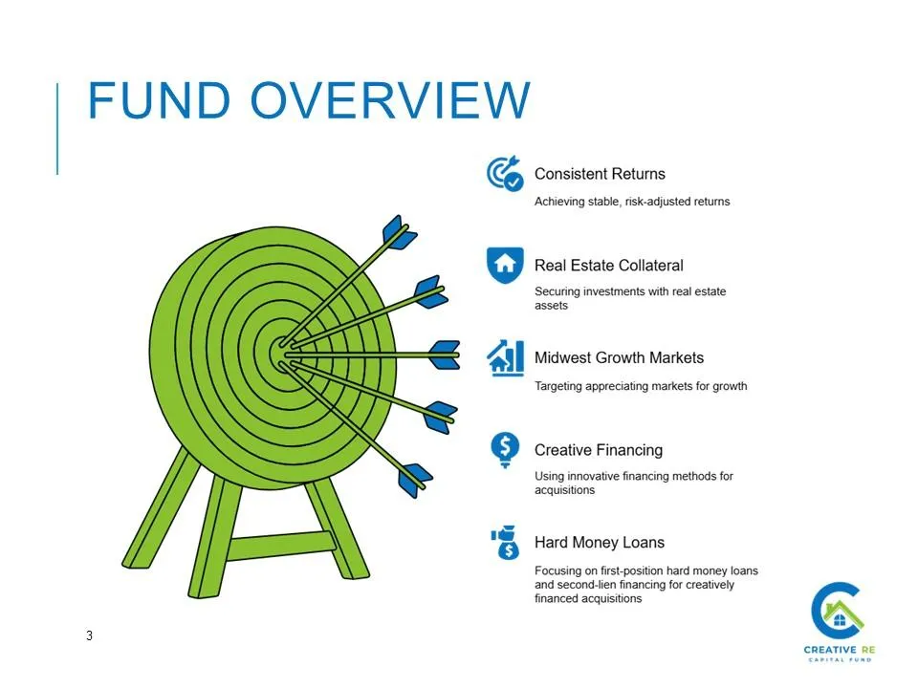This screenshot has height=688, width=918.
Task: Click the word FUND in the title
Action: pos(160,100)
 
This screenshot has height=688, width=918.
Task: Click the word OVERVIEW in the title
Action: pos(390,100)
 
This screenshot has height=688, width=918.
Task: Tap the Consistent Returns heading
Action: pos(600,174)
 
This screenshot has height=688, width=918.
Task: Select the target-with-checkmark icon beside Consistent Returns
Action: pos(505,173)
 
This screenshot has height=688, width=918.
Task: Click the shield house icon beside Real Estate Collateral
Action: pos(505,265)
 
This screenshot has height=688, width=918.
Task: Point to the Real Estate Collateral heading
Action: pos(608,266)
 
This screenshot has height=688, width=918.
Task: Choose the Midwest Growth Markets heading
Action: pos(619,357)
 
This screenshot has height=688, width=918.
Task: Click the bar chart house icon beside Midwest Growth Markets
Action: pos(505,357)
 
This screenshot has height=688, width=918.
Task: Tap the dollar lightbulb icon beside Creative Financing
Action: pos(505,450)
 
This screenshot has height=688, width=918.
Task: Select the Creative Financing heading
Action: pos(599,450)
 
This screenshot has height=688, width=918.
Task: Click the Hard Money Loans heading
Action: pos(599,543)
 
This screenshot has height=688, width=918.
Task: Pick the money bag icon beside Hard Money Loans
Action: pos(505,542)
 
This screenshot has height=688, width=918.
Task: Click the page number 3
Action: pos(89,635)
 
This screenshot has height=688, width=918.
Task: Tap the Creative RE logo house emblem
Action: pos(838,611)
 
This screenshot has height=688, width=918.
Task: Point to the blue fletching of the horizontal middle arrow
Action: pos(445,355)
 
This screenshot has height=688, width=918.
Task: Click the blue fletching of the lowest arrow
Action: pos(414,480)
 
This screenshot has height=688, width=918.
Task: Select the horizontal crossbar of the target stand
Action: pos(281,546)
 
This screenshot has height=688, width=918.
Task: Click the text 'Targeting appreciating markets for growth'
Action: pos(641,386)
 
